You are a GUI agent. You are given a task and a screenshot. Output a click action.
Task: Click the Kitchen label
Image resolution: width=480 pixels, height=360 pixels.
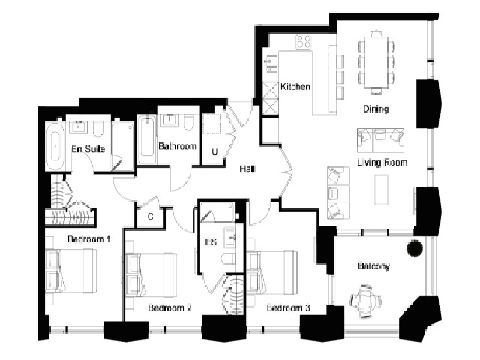click(x=295, y=87)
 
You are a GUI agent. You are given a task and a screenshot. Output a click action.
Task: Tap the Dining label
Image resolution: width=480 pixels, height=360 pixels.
click(x=376, y=109)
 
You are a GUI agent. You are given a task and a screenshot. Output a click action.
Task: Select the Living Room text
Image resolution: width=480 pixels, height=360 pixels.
click(x=382, y=162)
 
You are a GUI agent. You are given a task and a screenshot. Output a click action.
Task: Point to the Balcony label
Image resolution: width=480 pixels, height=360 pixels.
click(x=373, y=265)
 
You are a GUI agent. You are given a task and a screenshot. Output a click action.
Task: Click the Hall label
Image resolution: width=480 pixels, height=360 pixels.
click(x=247, y=169)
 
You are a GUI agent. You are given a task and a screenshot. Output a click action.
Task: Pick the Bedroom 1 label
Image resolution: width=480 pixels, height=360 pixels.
click(x=89, y=238)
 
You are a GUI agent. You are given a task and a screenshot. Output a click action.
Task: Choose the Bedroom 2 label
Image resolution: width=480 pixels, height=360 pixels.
click(x=170, y=307)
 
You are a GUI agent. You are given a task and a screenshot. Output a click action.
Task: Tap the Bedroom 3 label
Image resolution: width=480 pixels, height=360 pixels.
click(x=288, y=307)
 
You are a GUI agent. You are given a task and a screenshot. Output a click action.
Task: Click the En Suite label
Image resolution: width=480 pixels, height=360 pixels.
click(x=88, y=149)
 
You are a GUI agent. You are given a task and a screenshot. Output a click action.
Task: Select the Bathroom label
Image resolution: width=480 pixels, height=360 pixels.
click(x=178, y=146)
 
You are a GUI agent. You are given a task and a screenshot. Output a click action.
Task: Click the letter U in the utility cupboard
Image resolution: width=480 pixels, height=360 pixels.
click(x=215, y=151)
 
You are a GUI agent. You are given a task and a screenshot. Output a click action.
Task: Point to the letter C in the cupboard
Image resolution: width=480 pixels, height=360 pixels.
click(x=150, y=217)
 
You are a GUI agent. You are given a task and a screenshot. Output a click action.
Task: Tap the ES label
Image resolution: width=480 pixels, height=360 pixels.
click(x=211, y=242)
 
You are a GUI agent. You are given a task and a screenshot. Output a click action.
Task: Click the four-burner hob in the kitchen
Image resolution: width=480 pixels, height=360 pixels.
click(x=304, y=42)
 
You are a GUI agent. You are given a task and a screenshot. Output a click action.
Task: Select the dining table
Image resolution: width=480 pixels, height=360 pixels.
click(x=376, y=62)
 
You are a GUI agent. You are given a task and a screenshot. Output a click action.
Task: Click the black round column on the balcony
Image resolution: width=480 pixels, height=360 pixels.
click(x=415, y=248)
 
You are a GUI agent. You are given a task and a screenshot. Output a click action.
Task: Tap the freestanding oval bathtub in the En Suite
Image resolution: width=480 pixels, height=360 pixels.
click(x=55, y=146)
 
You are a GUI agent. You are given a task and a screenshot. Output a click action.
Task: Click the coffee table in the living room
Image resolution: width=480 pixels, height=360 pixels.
click(x=382, y=190)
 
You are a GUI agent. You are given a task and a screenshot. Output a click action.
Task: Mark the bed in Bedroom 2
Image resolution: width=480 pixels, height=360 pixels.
click(x=151, y=274)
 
